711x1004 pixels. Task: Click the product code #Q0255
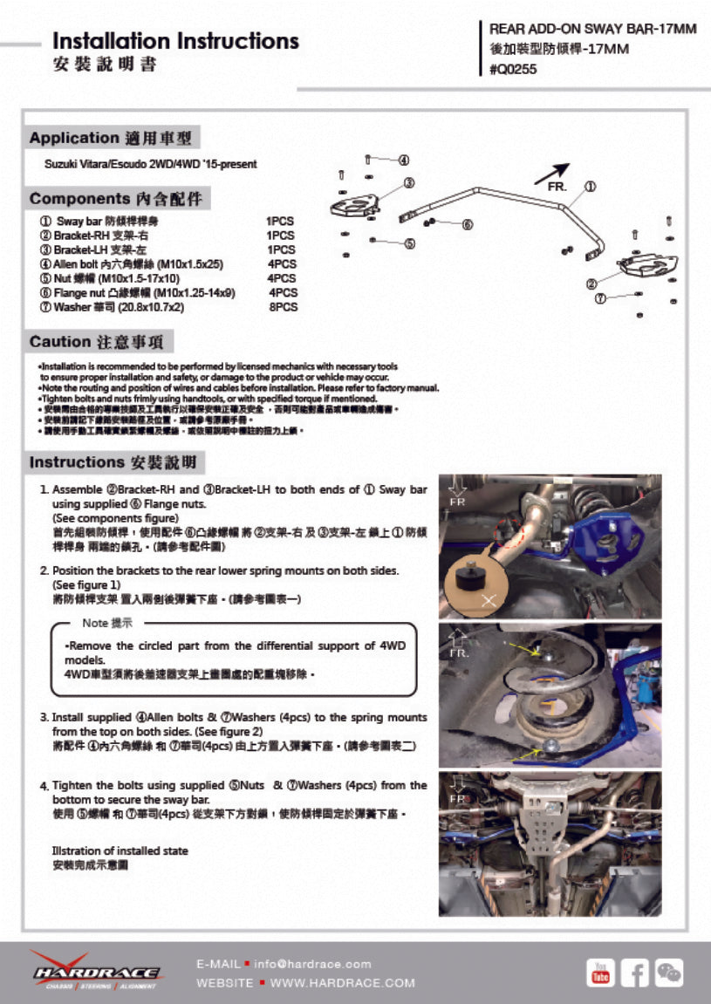514,71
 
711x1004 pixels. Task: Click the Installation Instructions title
175,41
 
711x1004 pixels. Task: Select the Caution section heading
101,342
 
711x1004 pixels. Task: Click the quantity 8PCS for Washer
283,307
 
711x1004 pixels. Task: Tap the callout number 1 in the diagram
590,186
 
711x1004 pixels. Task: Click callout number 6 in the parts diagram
468,225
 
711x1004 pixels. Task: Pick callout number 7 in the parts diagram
600,298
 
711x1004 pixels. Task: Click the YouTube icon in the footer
600,973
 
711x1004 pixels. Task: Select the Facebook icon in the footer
634,973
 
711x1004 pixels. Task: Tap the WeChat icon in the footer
669,973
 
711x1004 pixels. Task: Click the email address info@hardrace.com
313,964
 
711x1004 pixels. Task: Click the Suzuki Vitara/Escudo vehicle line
151,164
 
